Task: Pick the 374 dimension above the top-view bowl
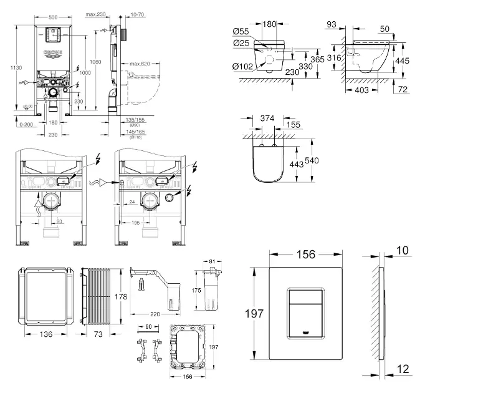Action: [x=267, y=119]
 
